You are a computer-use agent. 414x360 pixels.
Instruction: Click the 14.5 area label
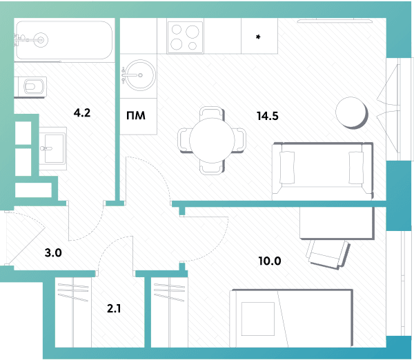coord(268,116)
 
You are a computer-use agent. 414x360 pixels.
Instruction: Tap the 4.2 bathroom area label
coord(82,112)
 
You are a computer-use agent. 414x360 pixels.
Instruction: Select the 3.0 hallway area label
coord(53,252)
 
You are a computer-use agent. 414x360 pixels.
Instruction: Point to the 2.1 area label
coord(114,308)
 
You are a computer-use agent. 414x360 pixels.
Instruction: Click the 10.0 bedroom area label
coord(270,261)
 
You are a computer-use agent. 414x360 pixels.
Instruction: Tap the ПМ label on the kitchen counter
coord(136,116)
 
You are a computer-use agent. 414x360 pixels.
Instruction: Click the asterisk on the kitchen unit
coord(258,37)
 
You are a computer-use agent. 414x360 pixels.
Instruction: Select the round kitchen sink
coord(139,75)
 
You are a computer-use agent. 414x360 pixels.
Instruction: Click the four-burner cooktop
coord(185,37)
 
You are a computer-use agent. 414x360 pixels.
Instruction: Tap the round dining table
coord(212,140)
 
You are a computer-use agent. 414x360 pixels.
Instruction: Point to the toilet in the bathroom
coord(30,87)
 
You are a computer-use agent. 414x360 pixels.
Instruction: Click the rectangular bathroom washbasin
coord(52,148)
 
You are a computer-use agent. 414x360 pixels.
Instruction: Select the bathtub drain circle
coord(41,40)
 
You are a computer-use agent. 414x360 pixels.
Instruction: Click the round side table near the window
coord(351,112)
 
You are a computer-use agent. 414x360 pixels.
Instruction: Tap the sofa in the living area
coord(322,171)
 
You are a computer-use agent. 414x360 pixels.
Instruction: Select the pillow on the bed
coord(258,319)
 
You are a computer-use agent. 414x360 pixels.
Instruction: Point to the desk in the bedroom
coord(337,222)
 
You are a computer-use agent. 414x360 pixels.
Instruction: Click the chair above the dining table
coord(212,113)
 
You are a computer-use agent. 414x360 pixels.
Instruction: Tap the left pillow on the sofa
coord(287,168)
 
